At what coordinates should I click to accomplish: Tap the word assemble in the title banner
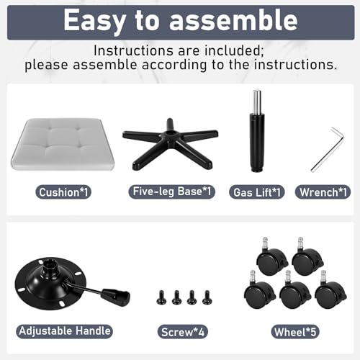click(233, 20)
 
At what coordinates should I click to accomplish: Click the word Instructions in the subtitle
click(133, 50)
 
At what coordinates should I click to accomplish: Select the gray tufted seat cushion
click(63, 145)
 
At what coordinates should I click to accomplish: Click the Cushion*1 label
click(63, 192)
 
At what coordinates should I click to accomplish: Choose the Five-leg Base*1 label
click(172, 192)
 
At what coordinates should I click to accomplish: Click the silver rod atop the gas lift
click(257, 102)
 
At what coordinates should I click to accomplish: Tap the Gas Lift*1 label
click(257, 192)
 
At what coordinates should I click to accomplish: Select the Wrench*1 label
click(323, 192)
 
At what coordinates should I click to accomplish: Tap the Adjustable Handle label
click(64, 331)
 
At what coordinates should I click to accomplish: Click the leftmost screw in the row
click(161, 297)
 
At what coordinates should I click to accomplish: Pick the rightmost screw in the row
click(207, 297)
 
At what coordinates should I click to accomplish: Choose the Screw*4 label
click(183, 332)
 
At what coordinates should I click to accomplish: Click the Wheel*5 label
click(295, 332)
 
